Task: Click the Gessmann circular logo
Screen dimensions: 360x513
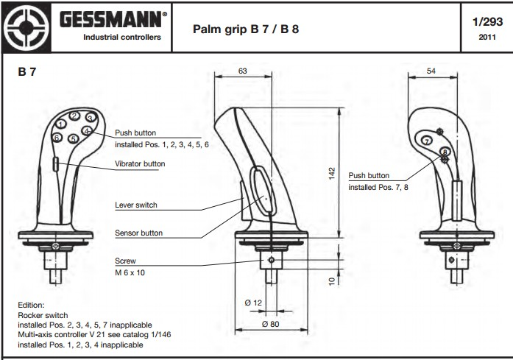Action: tap(26, 27)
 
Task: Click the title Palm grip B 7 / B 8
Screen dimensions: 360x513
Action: tap(245, 29)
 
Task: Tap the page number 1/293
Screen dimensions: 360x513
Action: tap(487, 22)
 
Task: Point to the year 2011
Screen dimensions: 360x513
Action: tap(487, 37)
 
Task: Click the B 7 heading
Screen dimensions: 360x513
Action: tap(27, 73)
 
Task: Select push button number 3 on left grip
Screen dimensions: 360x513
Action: tap(89, 118)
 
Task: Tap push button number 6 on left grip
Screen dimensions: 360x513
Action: tap(57, 138)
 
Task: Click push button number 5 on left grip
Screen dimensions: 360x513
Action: tap(73, 138)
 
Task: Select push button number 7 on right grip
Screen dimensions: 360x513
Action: tap(427, 140)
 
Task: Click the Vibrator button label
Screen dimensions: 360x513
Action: tap(140, 164)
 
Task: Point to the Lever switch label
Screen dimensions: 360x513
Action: tap(136, 205)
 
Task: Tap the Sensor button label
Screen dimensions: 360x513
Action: tap(139, 233)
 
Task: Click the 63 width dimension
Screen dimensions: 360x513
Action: tap(243, 71)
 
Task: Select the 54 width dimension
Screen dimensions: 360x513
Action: tap(431, 71)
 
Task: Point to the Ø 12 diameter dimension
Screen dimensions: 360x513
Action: tap(254, 302)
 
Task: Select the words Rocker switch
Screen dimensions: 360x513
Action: tap(42, 314)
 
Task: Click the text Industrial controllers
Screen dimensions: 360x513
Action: tap(121, 37)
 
